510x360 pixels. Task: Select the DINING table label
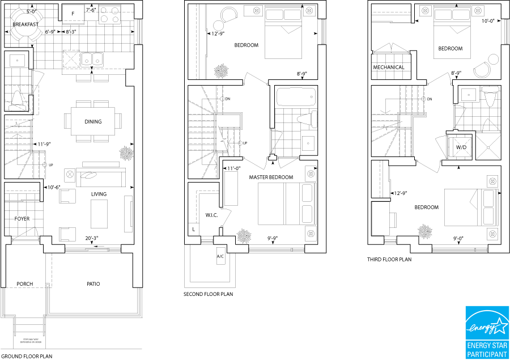pyautogui.click(x=93, y=121)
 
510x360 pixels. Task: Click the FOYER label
pyautogui.click(x=22, y=219)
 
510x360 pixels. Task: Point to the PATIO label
pyautogui.click(x=93, y=284)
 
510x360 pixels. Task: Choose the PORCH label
pyautogui.click(x=25, y=284)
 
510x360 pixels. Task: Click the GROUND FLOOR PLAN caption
pyautogui.click(x=27, y=357)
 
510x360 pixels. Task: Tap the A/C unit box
pyautogui.click(x=220, y=256)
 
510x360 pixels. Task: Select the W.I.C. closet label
pyautogui.click(x=212, y=215)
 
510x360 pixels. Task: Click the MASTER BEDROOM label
pyautogui.click(x=271, y=177)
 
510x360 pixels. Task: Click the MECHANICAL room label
pyautogui.click(x=388, y=67)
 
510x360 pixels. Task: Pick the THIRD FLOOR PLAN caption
pyautogui.click(x=390, y=260)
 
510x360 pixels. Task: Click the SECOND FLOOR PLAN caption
pyautogui.click(x=208, y=294)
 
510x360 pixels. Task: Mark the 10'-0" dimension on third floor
pyautogui.click(x=487, y=21)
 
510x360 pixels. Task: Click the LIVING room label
pyautogui.click(x=99, y=194)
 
